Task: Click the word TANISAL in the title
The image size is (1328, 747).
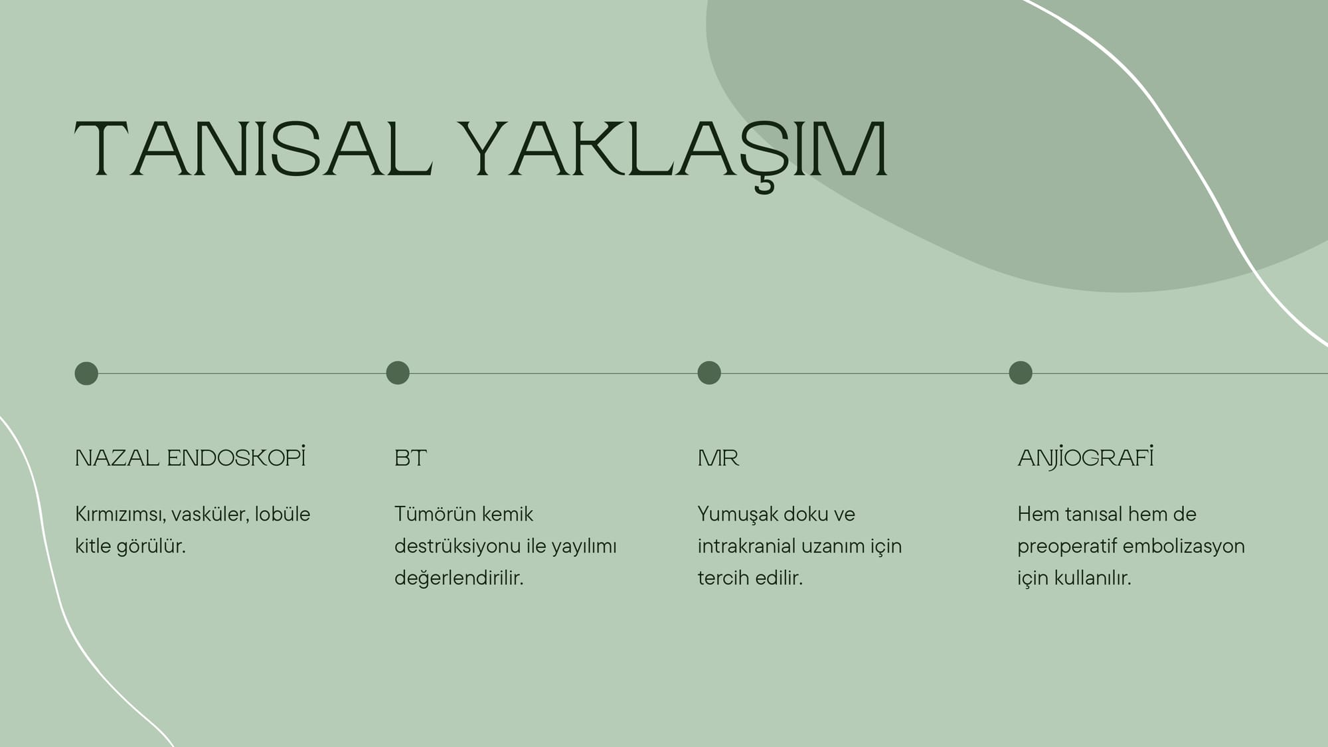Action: tap(254, 149)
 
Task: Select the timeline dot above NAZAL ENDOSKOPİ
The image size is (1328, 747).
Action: tap(86, 373)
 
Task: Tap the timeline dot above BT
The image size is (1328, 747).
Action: tap(398, 373)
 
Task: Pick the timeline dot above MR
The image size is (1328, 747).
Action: tap(709, 373)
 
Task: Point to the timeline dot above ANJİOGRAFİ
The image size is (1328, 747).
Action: tap(1021, 373)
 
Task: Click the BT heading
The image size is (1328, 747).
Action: tap(410, 458)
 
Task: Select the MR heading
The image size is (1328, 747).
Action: tap(718, 458)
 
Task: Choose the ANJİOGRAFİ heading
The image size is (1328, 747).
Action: tap(1086, 457)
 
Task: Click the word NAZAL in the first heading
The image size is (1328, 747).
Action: tap(117, 458)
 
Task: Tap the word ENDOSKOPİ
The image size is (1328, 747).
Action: tap(236, 457)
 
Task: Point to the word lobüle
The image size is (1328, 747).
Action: tap(282, 514)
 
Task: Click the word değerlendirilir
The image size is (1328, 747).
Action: tap(459, 578)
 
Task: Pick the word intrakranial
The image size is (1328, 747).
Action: tap(747, 546)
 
